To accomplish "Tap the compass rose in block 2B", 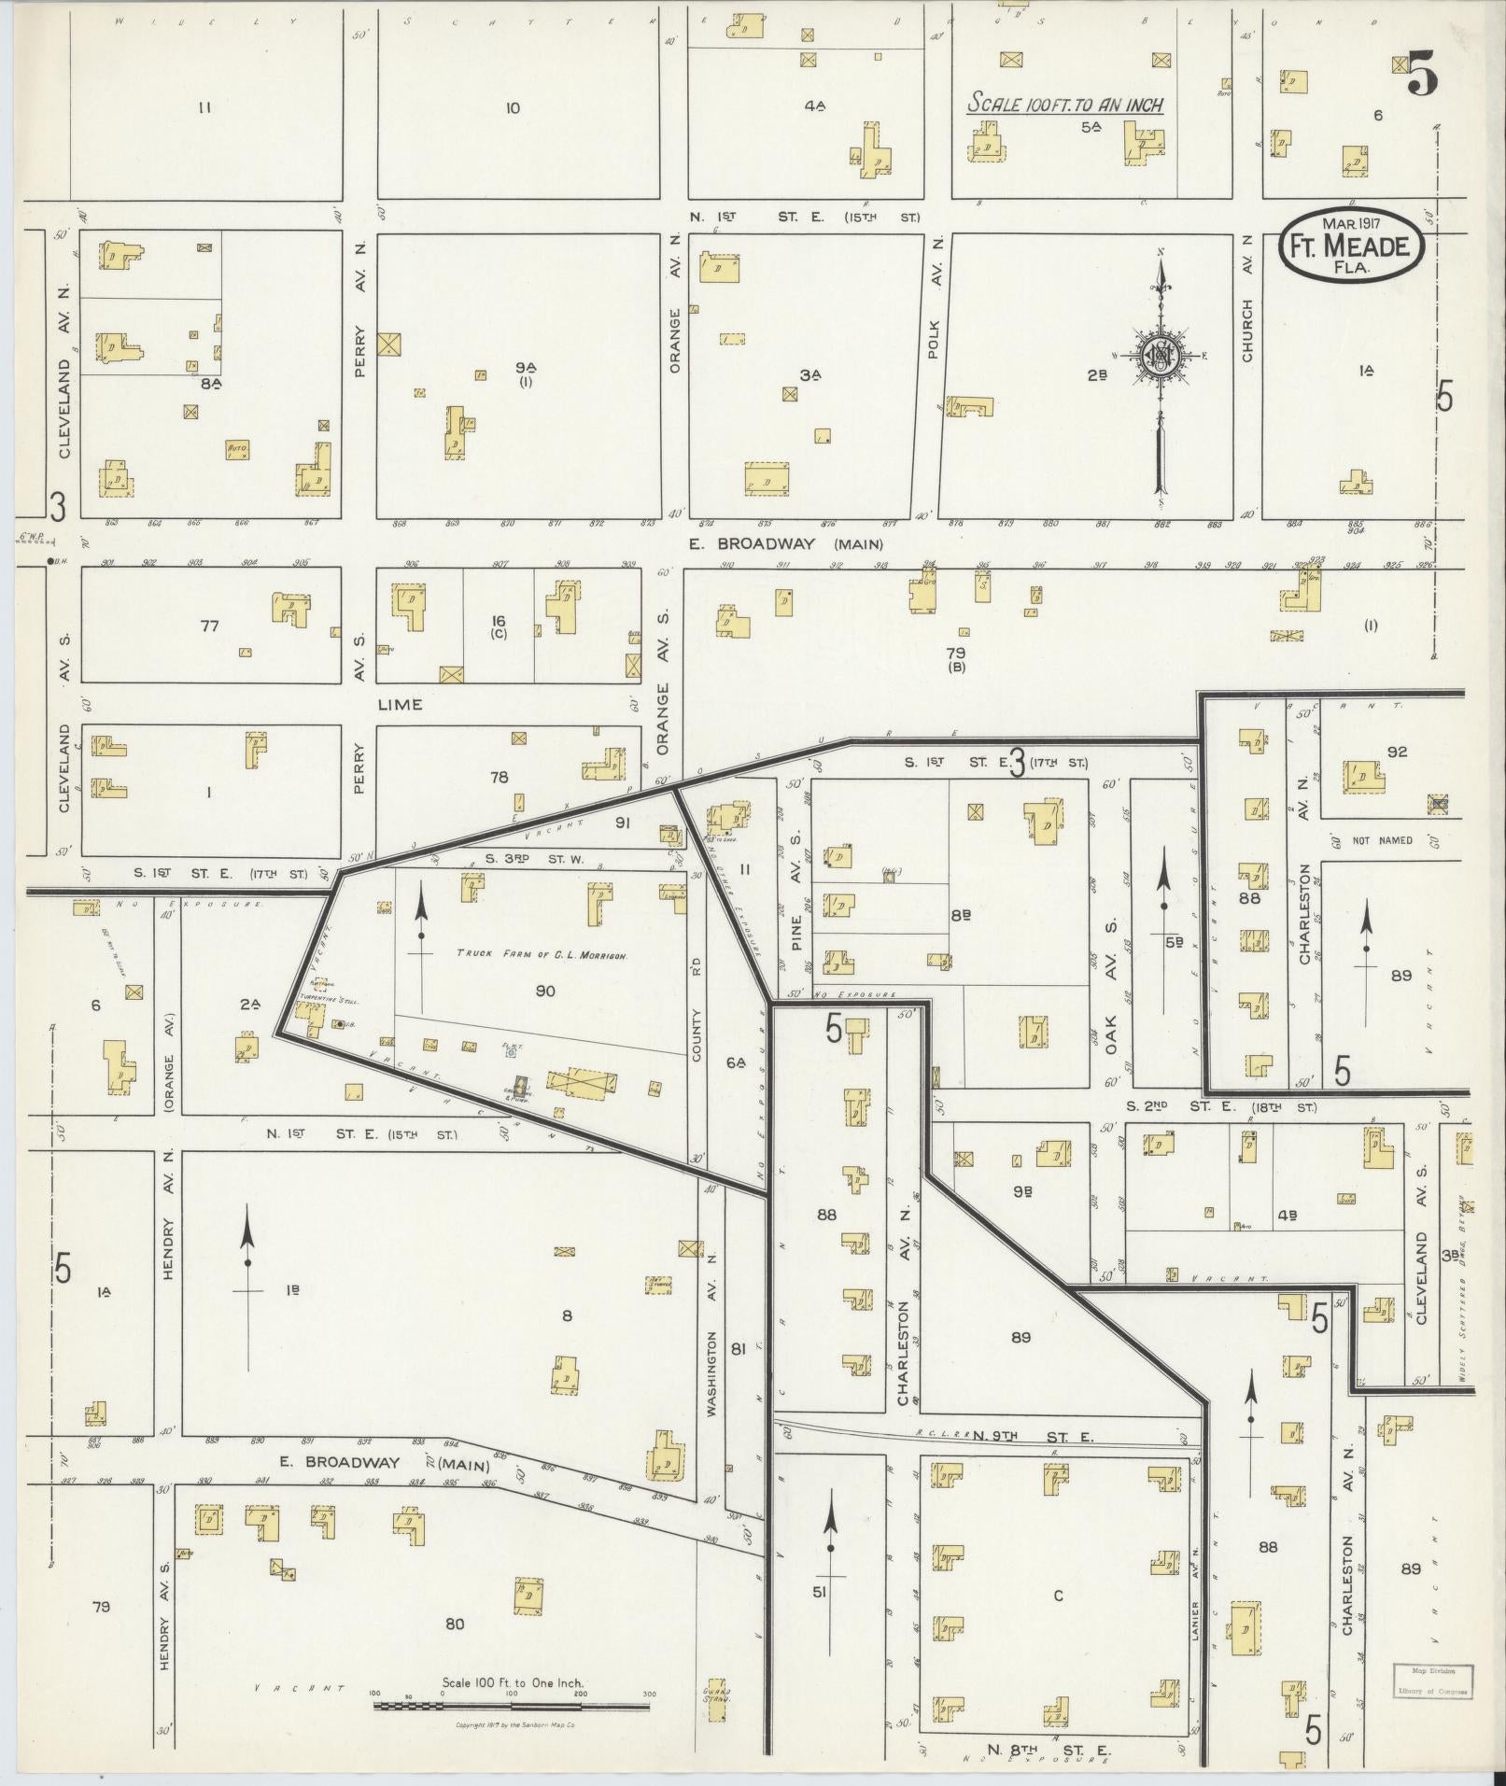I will point(1160,356).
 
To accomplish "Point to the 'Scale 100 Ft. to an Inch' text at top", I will point(1065,104).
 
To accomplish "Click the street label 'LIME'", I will point(400,704).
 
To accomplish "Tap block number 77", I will point(208,626).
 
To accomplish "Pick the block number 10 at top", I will point(512,108).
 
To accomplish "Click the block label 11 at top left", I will point(204,107).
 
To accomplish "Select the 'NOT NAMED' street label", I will point(1381,840).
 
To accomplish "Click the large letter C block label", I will point(1058,1596).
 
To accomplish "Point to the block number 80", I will point(454,1624).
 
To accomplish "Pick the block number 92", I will point(1396,751).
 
